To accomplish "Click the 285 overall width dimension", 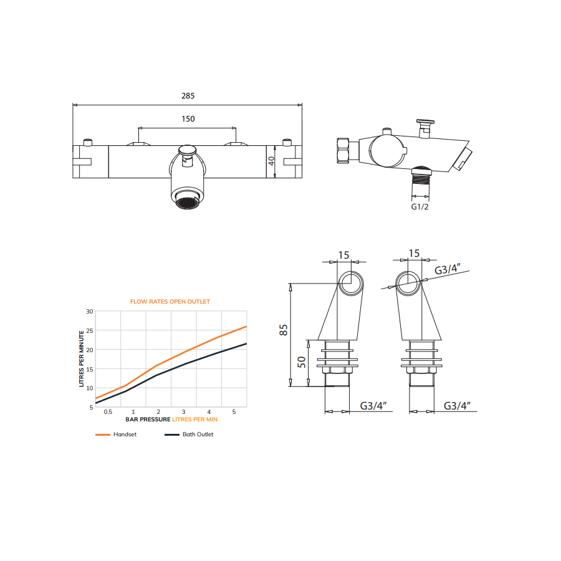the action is click(x=188, y=96).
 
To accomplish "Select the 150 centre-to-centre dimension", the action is click(x=188, y=119).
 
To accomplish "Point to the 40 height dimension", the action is click(x=272, y=161).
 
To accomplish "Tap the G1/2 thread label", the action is click(x=420, y=207).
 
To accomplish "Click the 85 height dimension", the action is click(x=284, y=330).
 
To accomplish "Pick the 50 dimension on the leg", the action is click(x=302, y=362).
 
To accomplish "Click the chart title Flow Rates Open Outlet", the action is click(x=170, y=302).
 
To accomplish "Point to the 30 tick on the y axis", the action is click(x=89, y=312).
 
